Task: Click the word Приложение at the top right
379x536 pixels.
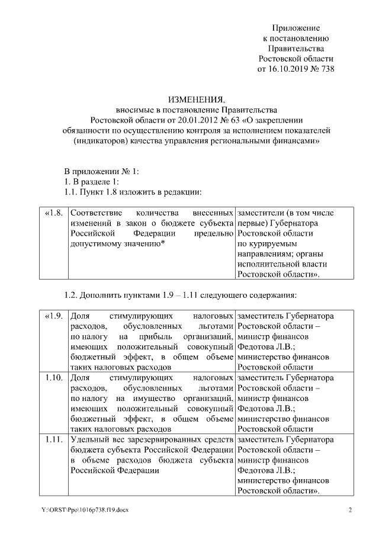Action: [296, 28]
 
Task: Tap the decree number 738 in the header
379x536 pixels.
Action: [327, 69]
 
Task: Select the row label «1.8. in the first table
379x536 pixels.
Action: [53, 211]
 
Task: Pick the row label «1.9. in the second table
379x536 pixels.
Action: [53, 316]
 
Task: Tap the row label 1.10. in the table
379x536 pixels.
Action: [54, 377]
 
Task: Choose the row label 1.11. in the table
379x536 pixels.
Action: [54, 439]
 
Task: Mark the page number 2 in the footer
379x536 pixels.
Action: [350, 510]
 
